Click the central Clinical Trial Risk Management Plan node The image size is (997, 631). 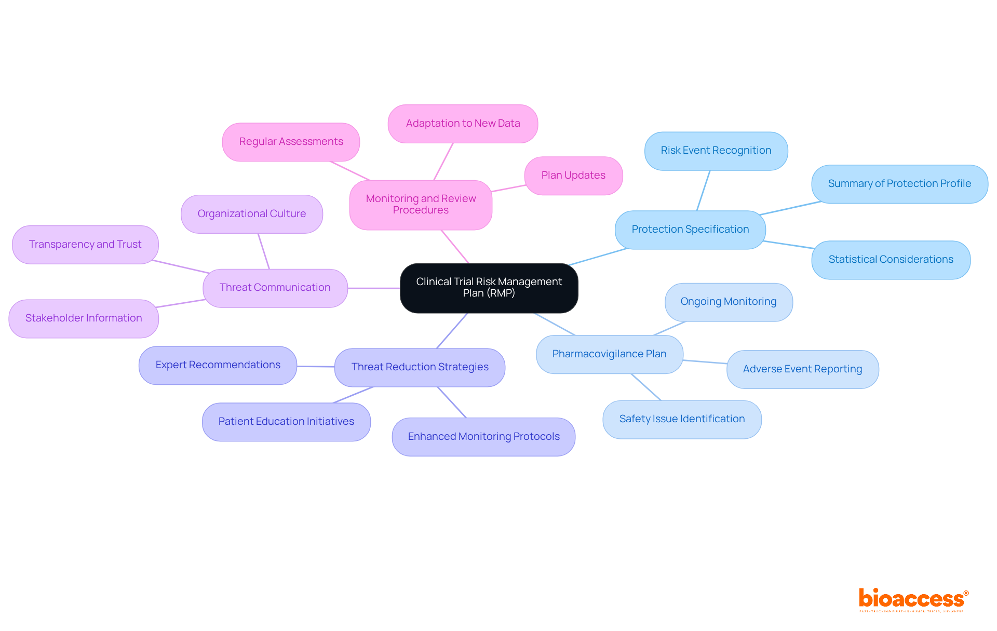click(489, 288)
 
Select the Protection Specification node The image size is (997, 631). click(690, 230)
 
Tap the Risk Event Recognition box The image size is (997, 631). click(716, 151)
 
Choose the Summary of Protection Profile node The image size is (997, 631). click(899, 184)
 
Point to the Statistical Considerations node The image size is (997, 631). click(891, 260)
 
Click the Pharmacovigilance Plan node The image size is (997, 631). click(609, 354)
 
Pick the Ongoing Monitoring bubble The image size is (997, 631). click(728, 302)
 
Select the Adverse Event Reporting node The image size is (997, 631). click(802, 369)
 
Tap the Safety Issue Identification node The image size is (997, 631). click(682, 419)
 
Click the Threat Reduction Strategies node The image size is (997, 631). click(420, 367)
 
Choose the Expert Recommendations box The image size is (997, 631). click(218, 365)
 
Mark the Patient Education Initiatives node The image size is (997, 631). click(286, 422)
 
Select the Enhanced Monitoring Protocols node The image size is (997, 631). click(483, 437)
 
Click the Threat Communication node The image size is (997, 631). click(275, 288)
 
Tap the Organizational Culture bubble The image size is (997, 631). click(251, 214)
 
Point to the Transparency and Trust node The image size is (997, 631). click(85, 245)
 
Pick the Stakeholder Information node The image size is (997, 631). click(84, 318)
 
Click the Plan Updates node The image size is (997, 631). click(573, 176)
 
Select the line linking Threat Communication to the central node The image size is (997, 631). click(374, 288)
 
